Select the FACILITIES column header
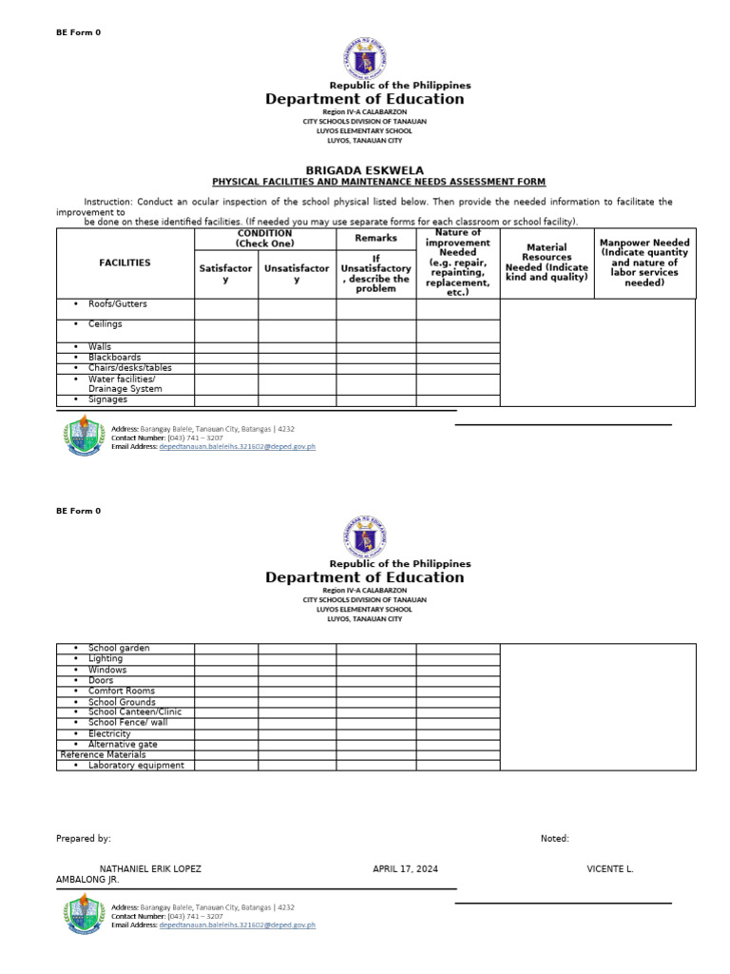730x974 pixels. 125,263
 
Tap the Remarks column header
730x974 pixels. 375,238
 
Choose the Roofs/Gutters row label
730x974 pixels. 118,304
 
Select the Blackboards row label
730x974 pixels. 115,358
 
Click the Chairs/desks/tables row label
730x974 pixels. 130,368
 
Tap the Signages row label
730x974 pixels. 108,399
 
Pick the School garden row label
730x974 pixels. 119,648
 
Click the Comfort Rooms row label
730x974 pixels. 122,691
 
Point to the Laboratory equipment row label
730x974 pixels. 136,765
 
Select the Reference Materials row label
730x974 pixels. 103,754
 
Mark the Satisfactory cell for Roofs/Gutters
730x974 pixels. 226,308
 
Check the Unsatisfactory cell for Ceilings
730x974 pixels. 297,330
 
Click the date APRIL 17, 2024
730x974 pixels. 405,869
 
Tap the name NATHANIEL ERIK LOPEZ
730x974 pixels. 150,869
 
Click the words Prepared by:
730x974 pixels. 84,838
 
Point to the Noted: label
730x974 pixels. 554,838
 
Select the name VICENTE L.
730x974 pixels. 610,869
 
